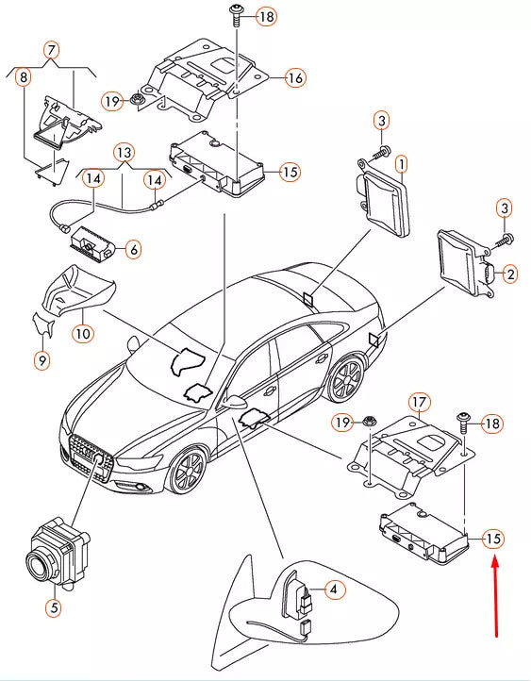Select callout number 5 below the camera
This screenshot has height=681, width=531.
pyautogui.click(x=53, y=608)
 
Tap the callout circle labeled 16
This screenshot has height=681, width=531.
pyautogui.click(x=295, y=77)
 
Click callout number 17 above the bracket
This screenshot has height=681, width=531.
pyautogui.click(x=419, y=402)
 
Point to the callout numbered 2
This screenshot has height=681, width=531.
pyautogui.click(x=510, y=274)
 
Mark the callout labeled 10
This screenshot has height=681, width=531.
pyautogui.click(x=83, y=332)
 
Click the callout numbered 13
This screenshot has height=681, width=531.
pyautogui.click(x=124, y=152)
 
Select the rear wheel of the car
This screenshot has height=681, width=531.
pyautogui.click(x=346, y=379)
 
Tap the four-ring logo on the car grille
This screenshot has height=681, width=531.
pyautogui.click(x=99, y=457)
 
